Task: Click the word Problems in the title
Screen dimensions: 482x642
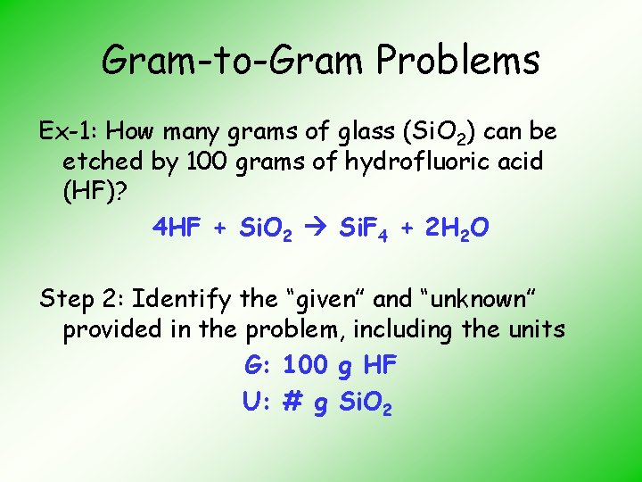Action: [x=458, y=61]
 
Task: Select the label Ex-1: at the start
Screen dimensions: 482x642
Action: [x=70, y=132]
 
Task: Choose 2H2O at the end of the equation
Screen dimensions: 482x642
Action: [x=456, y=229]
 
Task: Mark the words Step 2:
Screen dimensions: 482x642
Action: [x=87, y=297]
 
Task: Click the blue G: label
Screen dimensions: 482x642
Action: [x=259, y=365]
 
